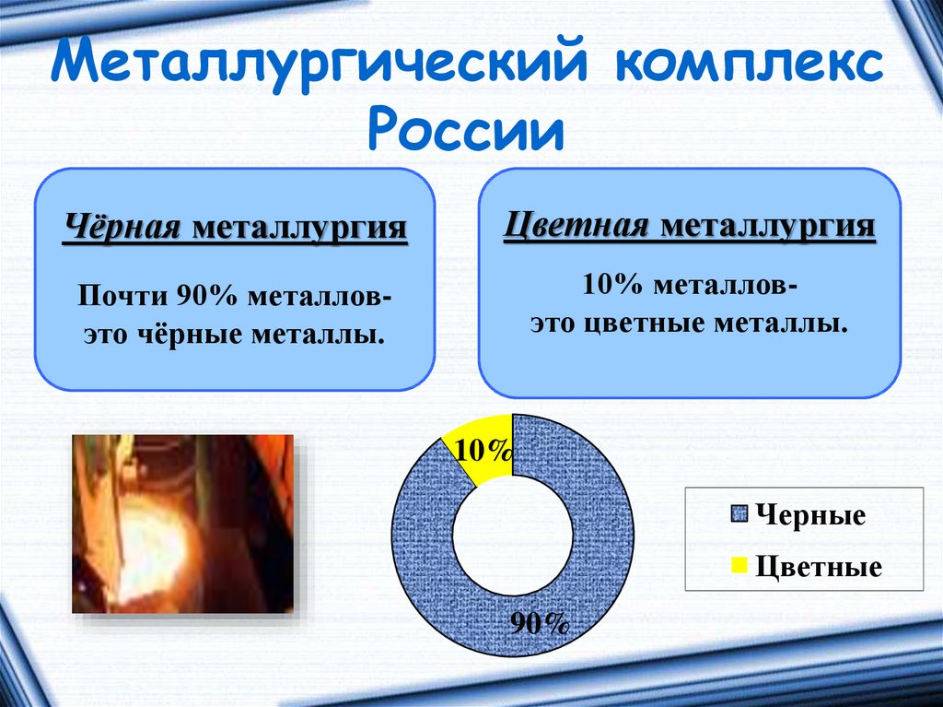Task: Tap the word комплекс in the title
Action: pos(750,65)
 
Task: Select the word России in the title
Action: pos(467,129)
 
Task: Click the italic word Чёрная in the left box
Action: pos(122,229)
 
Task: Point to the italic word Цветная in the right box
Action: pos(576,227)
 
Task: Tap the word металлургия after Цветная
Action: pos(767,227)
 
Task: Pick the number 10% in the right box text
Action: pos(612,285)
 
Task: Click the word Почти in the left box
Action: pos(123,297)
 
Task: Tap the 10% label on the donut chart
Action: pos(483,451)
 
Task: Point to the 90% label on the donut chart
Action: pos(540,623)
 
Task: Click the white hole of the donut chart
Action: pos(512,536)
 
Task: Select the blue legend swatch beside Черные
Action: pos(739,514)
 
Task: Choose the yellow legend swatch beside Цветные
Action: pos(739,565)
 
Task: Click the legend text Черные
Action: pos(810,515)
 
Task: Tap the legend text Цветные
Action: pos(819,567)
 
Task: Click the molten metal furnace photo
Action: pos(183,524)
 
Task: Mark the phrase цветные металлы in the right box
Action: pos(715,324)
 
